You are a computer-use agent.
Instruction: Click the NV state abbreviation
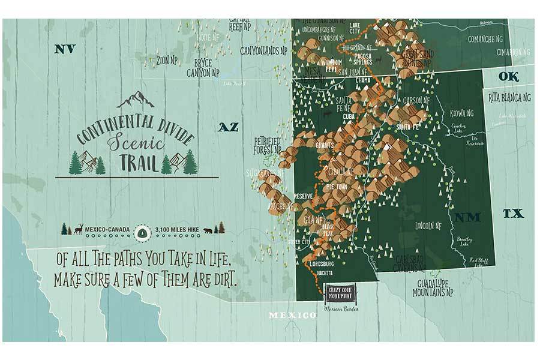pos(64,49)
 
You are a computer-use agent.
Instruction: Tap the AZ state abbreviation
pos(228,127)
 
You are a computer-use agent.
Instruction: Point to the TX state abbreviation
pos(513,213)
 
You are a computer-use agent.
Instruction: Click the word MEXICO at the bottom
pos(292,315)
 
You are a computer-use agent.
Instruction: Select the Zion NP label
pos(166,60)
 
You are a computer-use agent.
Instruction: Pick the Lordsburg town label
pos(322,262)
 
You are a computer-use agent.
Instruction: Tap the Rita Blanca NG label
pos(509,97)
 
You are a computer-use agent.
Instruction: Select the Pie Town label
pos(337,187)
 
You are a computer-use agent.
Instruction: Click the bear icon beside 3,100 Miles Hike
pos(208,230)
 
